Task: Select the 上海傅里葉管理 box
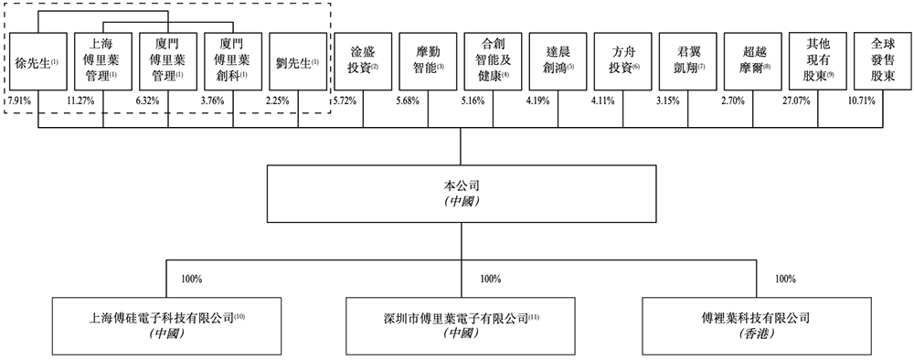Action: [x=102, y=61]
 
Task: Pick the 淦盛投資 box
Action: [x=363, y=61]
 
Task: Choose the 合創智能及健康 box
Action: [x=493, y=61]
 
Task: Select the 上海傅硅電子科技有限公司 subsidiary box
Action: [x=167, y=326]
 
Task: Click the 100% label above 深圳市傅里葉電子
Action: [x=490, y=279]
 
